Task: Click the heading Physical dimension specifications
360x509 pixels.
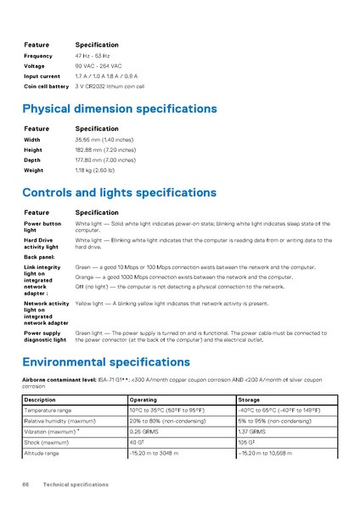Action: [119, 109]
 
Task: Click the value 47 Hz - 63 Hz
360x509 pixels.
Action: [99, 56]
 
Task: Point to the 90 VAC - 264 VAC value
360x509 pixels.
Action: [98, 66]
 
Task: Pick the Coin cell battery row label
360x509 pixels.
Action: [46, 87]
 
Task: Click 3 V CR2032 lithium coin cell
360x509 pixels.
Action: [110, 87]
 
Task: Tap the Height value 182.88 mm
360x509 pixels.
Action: [105, 149]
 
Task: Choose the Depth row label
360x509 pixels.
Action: [31, 159]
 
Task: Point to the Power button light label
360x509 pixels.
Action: [42, 227]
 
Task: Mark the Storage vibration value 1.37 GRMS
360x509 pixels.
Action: [252, 431]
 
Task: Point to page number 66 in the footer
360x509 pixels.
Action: [27, 484]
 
